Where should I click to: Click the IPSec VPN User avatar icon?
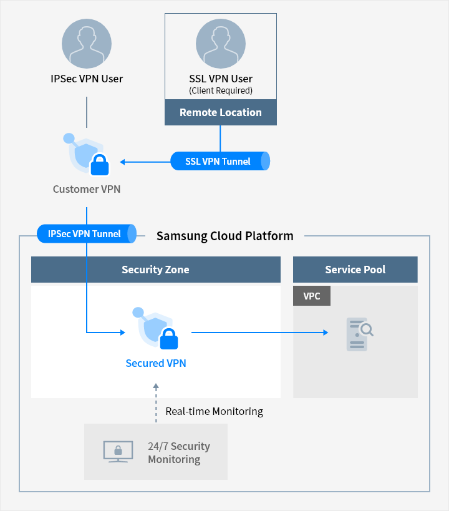click(87, 44)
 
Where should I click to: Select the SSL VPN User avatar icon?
click(221, 44)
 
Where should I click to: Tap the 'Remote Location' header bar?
click(221, 112)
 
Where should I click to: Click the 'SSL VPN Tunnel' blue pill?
click(220, 161)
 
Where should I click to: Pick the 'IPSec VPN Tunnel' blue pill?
click(86, 234)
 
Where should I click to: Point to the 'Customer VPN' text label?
click(87, 189)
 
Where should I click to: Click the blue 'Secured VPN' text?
click(156, 363)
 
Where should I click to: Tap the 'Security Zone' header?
click(155, 270)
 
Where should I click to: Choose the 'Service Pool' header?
click(355, 270)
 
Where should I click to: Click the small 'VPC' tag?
click(312, 296)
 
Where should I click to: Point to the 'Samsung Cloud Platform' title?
click(224, 236)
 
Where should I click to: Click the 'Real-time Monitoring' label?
click(214, 411)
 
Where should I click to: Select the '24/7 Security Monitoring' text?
click(178, 453)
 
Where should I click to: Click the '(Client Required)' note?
click(221, 91)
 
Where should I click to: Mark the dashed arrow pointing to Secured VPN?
click(156, 404)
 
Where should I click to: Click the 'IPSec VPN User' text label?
click(87, 79)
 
